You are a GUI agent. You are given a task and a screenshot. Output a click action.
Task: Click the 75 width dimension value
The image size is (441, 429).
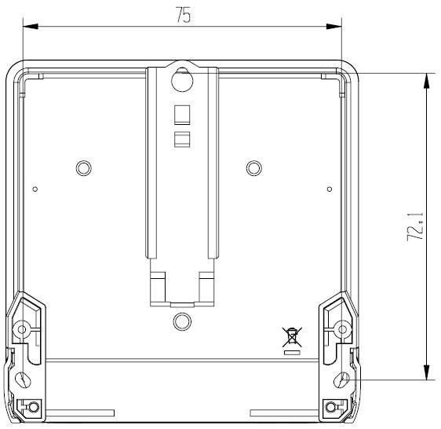(x=183, y=15)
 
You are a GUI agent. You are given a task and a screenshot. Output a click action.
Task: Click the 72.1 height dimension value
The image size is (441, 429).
(x=415, y=226)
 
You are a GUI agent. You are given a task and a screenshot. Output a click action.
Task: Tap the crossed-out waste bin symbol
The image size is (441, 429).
(x=292, y=336)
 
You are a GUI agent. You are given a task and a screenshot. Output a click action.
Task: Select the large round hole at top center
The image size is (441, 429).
(x=182, y=80)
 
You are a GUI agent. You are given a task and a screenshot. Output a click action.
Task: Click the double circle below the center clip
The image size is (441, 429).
(x=182, y=321)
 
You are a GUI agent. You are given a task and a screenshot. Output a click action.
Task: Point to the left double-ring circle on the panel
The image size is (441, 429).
(x=83, y=168)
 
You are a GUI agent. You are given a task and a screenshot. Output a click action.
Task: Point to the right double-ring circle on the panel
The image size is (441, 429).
(x=254, y=168)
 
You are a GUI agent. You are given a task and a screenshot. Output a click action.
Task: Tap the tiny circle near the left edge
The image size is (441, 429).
(x=35, y=189)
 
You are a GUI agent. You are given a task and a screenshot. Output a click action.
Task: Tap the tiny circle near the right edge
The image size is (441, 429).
(x=330, y=189)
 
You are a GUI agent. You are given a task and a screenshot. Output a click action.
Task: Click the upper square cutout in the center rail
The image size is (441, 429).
(x=182, y=115)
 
